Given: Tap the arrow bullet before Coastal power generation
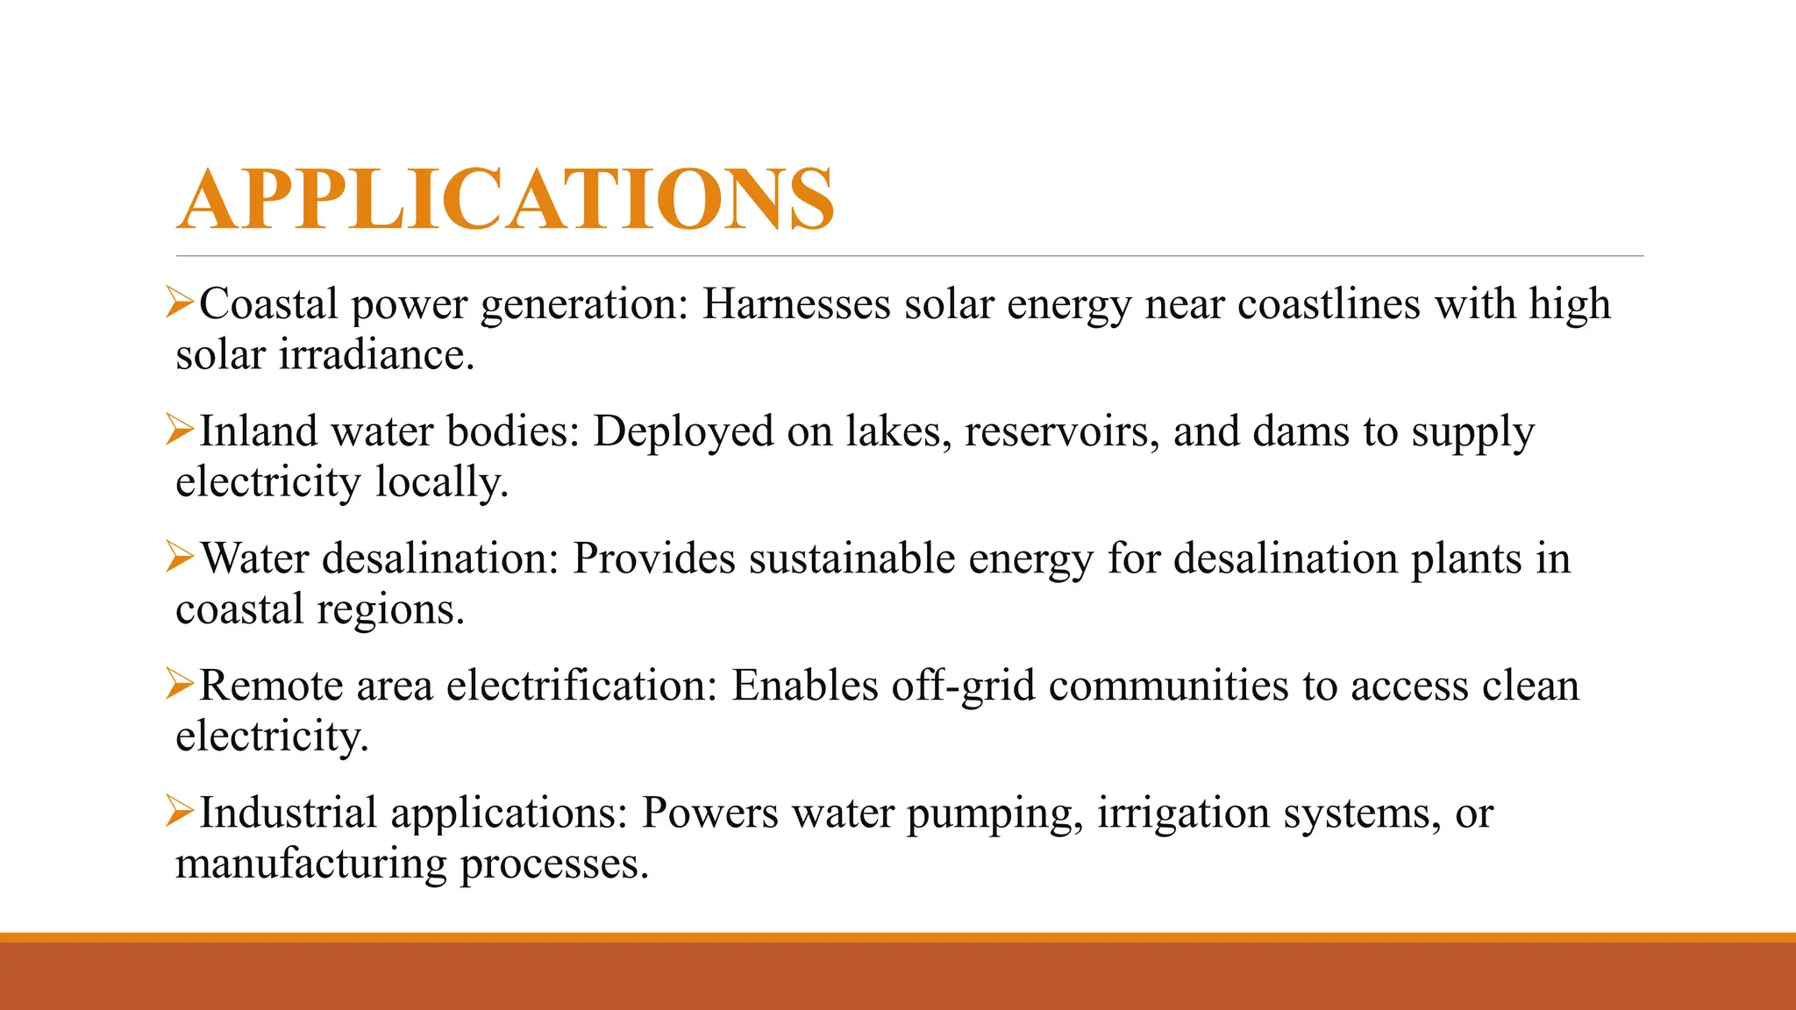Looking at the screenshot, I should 179,303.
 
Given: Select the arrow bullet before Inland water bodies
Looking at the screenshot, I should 179,430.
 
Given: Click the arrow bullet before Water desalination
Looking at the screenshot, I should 179,558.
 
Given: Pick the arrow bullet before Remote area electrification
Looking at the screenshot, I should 179,685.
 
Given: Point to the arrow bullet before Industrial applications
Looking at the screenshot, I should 179,812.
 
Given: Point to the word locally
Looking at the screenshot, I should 442,483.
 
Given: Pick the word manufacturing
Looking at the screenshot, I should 311,864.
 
